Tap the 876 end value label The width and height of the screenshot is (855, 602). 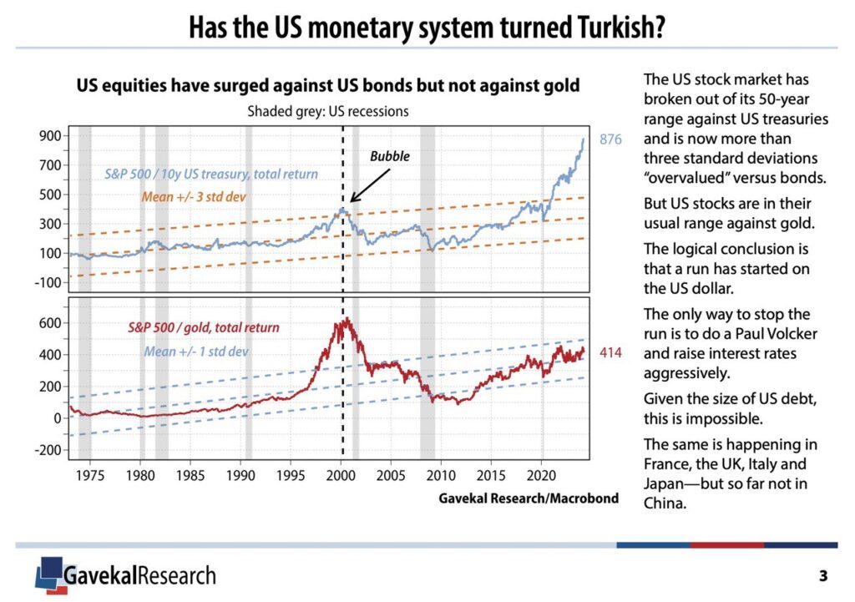pyautogui.click(x=612, y=139)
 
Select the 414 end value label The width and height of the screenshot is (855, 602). pyautogui.click(x=612, y=354)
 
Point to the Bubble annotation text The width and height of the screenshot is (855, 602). pyautogui.click(x=390, y=156)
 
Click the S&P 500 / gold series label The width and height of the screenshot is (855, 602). pyautogui.click(x=204, y=327)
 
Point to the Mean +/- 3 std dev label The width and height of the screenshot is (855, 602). pyautogui.click(x=198, y=198)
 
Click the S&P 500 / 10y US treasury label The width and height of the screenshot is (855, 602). pyautogui.click(x=210, y=175)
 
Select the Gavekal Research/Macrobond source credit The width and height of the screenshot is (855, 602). pyautogui.click(x=528, y=498)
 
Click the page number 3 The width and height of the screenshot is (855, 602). pyautogui.click(x=823, y=575)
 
